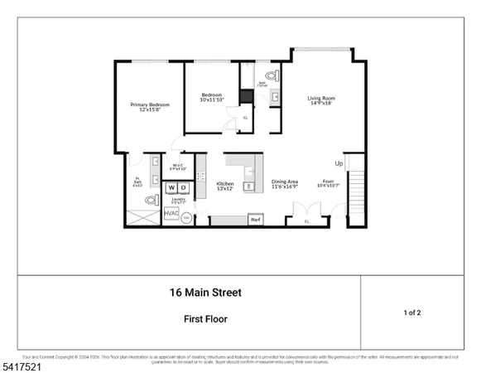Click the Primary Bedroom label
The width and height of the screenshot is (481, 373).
150,107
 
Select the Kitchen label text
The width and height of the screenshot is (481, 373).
225,186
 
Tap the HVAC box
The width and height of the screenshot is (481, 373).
171,214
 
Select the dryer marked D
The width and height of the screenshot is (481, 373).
184,189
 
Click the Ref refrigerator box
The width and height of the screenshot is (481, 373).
256,220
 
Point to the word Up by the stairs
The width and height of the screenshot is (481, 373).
339,163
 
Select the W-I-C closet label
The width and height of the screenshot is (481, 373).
177,167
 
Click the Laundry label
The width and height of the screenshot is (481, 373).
177,201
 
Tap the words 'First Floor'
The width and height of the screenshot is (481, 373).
205,318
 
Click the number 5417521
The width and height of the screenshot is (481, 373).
24,363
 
